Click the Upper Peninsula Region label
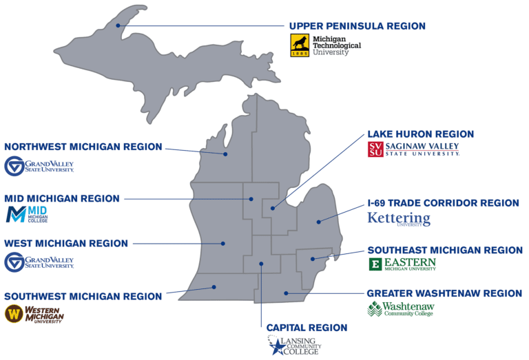click(x=357, y=26)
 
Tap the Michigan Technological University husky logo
click(x=300, y=45)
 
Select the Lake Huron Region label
click(x=420, y=134)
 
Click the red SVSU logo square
click(x=375, y=149)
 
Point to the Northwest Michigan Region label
click(x=83, y=147)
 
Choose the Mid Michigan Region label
click(x=62, y=198)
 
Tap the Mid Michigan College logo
click(x=27, y=214)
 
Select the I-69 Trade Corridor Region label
click(x=443, y=203)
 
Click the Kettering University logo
click(x=399, y=219)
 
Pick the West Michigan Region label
click(x=66, y=243)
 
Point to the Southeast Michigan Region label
click(x=445, y=250)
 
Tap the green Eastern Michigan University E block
click(x=375, y=264)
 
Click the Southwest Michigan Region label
click(x=83, y=296)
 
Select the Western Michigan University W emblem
click(x=14, y=314)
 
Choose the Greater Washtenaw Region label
click(x=444, y=293)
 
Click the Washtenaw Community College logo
click(x=400, y=309)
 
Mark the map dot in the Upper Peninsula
click(x=118, y=25)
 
